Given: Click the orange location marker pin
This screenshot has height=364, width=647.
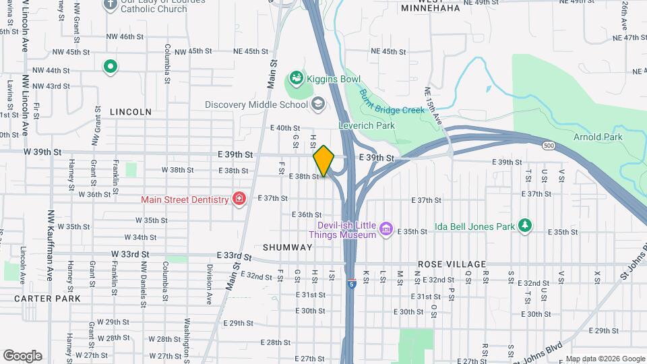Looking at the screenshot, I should (x=323, y=161).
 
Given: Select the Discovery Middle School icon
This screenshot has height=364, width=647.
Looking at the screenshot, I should (x=317, y=104).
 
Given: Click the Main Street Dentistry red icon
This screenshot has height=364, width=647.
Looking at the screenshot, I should (x=238, y=199).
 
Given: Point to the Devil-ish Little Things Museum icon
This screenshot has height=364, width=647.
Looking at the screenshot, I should (x=386, y=230).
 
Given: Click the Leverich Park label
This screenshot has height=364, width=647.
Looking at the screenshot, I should (x=365, y=126).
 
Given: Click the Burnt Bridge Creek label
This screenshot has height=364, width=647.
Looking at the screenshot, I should (x=391, y=101).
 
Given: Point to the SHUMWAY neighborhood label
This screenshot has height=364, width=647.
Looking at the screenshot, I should (x=288, y=247).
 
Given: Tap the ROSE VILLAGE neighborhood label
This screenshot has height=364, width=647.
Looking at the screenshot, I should (x=452, y=264).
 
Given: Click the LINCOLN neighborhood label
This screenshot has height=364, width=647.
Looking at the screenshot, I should (x=130, y=111).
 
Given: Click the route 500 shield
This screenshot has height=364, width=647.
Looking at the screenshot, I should (x=547, y=145).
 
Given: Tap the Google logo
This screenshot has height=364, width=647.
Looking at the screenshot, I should (x=22, y=355).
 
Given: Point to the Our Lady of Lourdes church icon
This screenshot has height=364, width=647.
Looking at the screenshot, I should (x=111, y=5).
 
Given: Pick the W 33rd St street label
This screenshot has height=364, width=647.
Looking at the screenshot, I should (x=130, y=254).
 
